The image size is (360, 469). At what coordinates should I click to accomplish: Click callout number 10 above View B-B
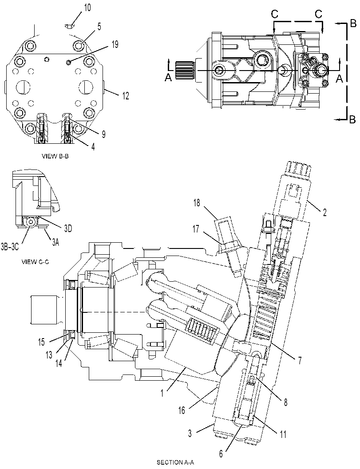click(x=87, y=8)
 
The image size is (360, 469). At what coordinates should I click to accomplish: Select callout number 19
click(x=115, y=45)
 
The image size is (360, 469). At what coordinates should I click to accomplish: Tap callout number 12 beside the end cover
click(x=125, y=96)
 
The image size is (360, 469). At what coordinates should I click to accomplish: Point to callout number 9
click(x=103, y=134)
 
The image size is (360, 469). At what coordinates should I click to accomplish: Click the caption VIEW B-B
click(x=55, y=156)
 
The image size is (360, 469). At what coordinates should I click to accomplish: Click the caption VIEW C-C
click(x=35, y=262)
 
